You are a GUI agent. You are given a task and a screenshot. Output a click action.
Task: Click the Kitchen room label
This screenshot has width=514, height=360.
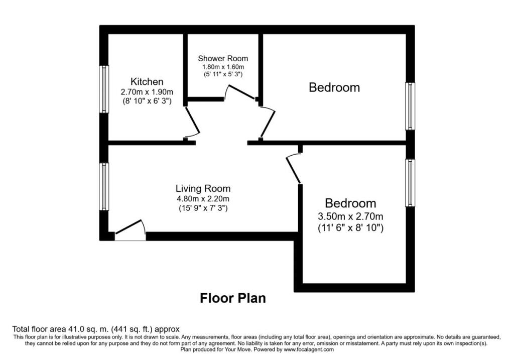(147, 82)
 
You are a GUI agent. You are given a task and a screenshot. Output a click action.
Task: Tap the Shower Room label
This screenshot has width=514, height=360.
(223, 59)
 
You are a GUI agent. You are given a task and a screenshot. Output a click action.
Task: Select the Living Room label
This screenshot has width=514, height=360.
(203, 188)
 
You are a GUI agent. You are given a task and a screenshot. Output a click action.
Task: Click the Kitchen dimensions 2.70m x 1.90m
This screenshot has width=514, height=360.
(147, 92)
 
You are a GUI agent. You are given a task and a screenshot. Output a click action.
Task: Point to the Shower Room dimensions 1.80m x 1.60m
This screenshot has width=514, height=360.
(223, 67)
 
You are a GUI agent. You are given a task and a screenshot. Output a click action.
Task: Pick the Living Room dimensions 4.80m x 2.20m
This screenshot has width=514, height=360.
(203, 199)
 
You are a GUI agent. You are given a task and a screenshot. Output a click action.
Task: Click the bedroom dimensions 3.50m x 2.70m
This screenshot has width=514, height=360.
(350, 216)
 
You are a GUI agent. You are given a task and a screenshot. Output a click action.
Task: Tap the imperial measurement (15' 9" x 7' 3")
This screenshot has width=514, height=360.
(203, 208)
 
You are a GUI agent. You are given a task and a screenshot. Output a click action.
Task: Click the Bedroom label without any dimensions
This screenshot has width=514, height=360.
(334, 87)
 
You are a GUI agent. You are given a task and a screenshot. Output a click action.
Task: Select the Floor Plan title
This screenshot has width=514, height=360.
(233, 298)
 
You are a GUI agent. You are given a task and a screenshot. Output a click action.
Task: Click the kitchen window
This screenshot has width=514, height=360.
(104, 89)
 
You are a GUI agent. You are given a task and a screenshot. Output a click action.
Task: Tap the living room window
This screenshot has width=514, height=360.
(104, 187)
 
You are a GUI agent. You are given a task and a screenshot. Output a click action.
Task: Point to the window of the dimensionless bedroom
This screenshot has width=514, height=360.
(410, 106)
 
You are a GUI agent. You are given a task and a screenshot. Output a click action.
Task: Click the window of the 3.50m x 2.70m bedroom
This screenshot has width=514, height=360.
(410, 183)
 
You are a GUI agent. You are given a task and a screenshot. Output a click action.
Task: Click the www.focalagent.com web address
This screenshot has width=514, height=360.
(309, 349)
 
